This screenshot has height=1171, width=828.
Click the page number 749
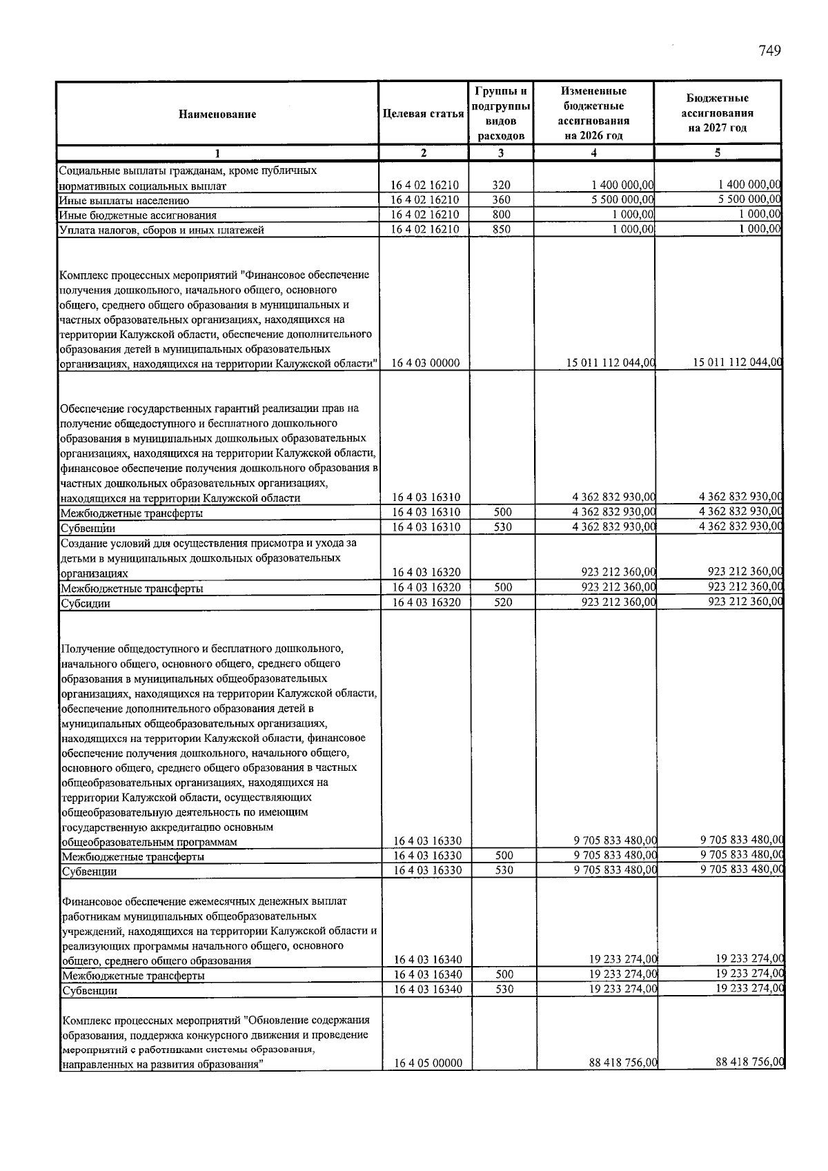click(x=769, y=51)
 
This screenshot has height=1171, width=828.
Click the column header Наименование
click(x=217, y=115)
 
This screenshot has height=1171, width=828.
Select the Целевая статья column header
click(x=423, y=114)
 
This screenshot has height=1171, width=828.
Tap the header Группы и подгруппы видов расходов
click(x=501, y=114)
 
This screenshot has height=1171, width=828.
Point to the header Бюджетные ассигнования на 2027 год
click(x=718, y=113)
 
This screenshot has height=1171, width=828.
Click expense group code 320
click(x=502, y=185)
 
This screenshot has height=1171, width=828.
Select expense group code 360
click(x=502, y=200)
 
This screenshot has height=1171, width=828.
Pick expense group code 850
click(x=502, y=229)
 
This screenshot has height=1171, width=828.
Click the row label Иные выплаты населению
click(x=125, y=201)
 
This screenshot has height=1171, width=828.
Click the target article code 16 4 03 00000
click(x=426, y=363)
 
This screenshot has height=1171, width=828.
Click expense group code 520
click(x=503, y=602)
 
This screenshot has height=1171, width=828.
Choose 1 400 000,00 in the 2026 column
click(x=622, y=185)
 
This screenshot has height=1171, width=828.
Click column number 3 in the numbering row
click(x=501, y=153)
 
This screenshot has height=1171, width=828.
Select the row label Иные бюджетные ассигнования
click(x=138, y=215)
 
